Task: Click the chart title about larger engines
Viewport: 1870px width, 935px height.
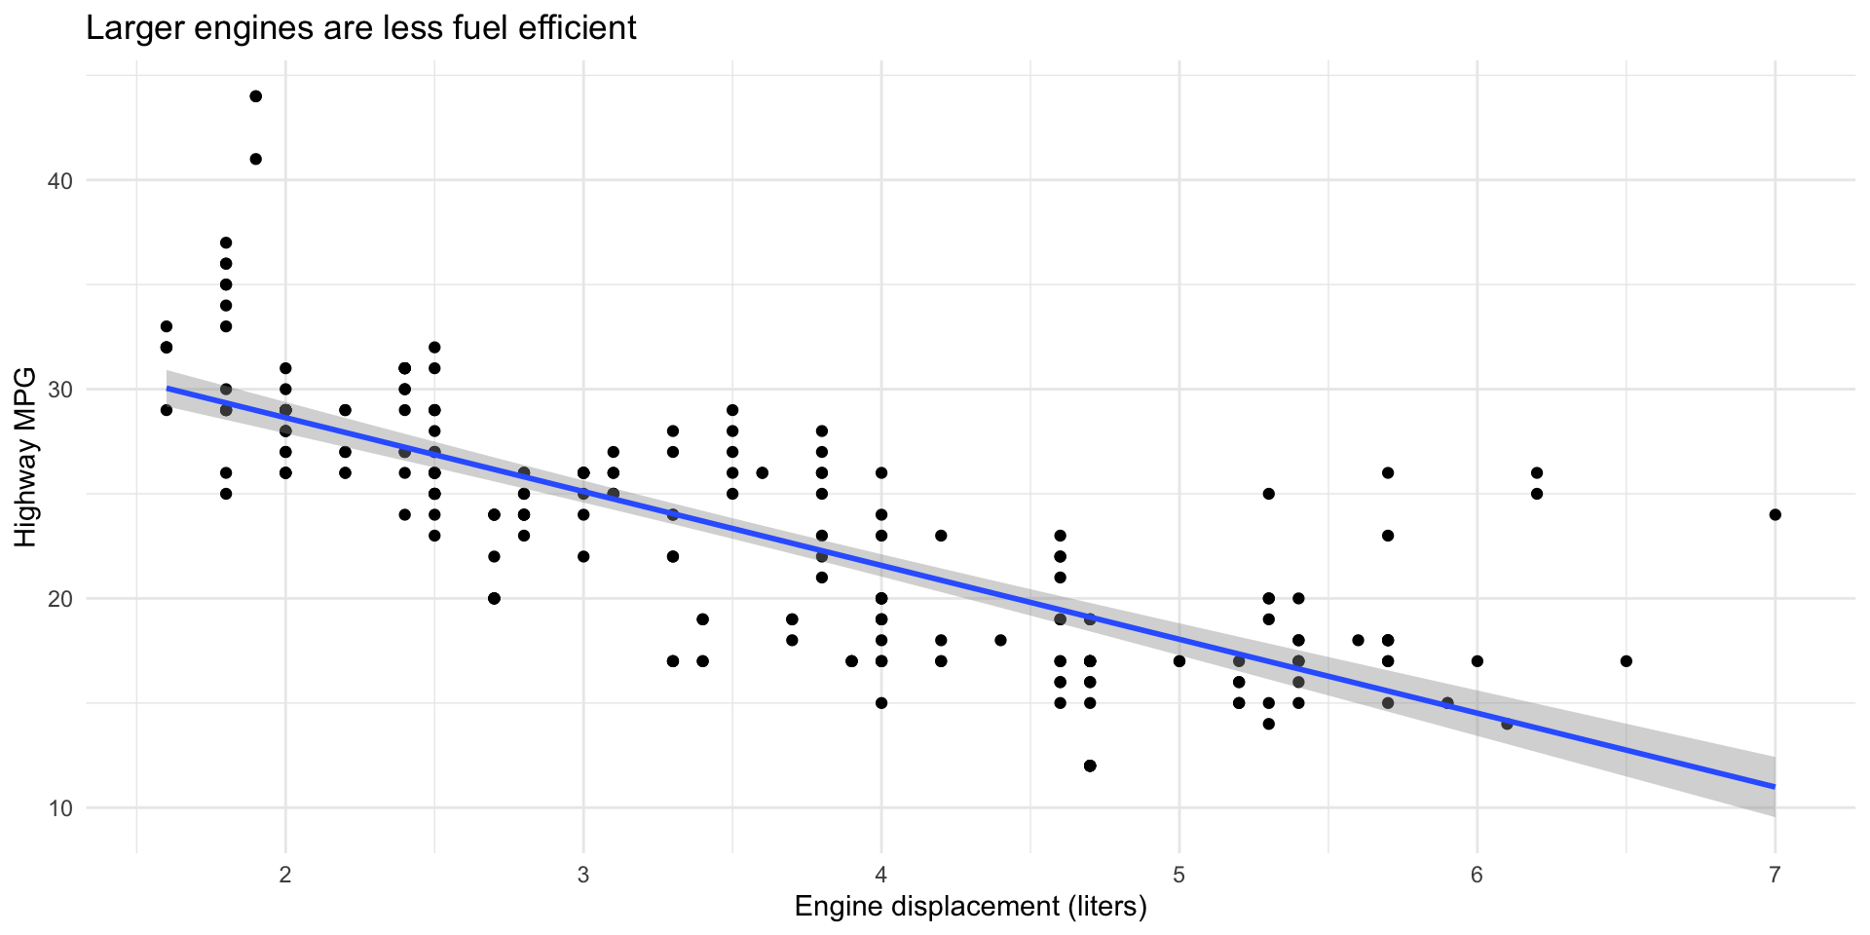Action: tap(361, 27)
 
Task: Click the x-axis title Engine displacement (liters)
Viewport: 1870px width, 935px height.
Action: tap(970, 906)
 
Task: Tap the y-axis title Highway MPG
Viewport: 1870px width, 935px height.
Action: tap(25, 456)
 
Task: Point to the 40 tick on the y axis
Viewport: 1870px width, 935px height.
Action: tap(60, 180)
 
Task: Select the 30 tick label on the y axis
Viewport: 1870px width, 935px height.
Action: tap(60, 390)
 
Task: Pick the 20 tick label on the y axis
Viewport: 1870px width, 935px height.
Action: tap(60, 598)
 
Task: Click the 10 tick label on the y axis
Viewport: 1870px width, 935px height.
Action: tap(60, 807)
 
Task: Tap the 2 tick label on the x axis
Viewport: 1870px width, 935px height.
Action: tap(285, 875)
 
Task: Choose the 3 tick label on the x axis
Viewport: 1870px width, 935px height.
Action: tap(583, 875)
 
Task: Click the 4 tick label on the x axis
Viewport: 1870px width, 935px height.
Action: tap(881, 875)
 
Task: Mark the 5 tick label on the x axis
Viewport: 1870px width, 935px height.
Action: tap(1179, 875)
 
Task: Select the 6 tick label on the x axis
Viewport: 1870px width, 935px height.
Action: tap(1477, 875)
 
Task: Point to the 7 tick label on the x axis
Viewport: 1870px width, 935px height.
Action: tap(1775, 875)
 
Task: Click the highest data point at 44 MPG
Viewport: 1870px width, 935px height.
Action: tap(256, 96)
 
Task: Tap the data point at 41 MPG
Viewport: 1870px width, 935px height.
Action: tap(256, 159)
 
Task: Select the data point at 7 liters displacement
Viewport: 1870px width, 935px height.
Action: tap(1775, 514)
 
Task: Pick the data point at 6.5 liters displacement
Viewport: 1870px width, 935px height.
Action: tap(1626, 661)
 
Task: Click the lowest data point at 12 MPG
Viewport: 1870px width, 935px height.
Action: tap(1090, 766)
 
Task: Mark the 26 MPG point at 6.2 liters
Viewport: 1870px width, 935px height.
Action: tap(1537, 472)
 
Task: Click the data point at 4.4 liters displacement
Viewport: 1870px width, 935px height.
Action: tap(1000, 640)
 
